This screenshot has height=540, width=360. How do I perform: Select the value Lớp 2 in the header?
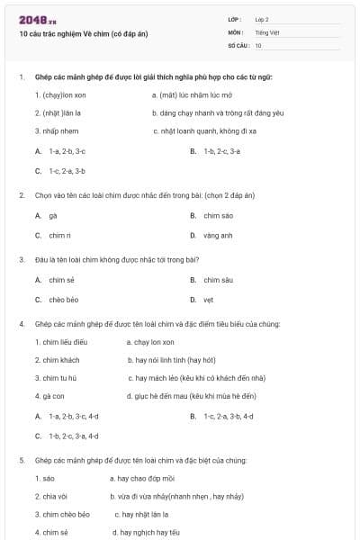262,19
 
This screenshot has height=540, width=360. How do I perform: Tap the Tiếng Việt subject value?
266,32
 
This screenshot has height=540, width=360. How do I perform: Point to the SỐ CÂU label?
238,45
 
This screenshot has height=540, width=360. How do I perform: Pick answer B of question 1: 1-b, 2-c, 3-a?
221,151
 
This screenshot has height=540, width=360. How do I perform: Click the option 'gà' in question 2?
52,216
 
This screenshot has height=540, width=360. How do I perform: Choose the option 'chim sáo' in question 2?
218,216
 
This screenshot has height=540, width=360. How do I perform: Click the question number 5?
21,460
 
